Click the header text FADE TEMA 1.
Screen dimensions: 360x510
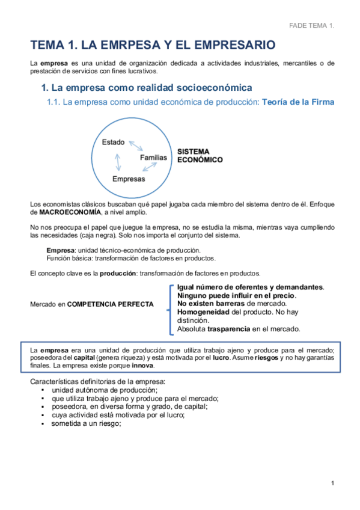coord(311,26)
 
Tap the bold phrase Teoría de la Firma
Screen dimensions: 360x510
coord(298,102)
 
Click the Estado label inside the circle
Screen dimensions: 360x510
coord(113,143)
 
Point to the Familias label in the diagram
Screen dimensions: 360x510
coord(153,158)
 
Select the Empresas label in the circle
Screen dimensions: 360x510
coord(129,179)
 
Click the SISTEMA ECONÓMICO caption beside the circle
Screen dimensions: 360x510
coord(200,156)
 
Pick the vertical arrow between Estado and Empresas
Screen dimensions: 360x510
coord(118,161)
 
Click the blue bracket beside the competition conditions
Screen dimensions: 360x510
coord(171,307)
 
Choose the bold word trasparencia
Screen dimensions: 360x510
coord(229,329)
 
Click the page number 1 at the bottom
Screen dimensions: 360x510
coord(332,483)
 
